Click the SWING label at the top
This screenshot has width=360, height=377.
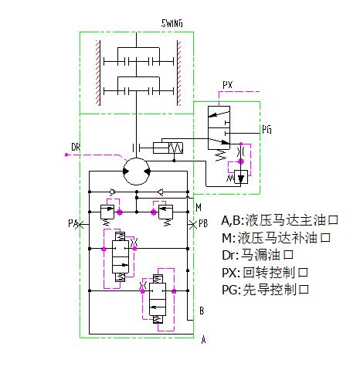tap(172, 23)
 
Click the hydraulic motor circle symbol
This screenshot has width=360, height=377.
tap(137, 172)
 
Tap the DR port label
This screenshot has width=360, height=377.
tap(76, 147)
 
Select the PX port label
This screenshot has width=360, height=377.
tap(228, 85)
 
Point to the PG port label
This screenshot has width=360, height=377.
tap(267, 130)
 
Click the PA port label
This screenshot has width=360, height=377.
tap(73, 223)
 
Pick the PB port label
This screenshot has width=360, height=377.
tap(203, 223)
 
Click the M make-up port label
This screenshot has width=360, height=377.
tap(199, 207)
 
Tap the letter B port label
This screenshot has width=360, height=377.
tap(202, 311)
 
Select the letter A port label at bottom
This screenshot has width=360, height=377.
tap(203, 340)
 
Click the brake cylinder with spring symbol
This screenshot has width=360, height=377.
tap(168, 148)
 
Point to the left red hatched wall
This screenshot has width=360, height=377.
tap(98, 73)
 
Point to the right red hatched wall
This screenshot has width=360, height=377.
tap(179, 73)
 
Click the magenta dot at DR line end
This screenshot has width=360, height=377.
tap(66, 155)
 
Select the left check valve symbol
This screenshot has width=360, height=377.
tap(113, 192)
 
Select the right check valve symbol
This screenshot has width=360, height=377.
tap(161, 192)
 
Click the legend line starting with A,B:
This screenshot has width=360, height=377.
tap(280, 220)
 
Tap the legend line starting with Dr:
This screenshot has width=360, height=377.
tap(257, 255)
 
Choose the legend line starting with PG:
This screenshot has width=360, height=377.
tap(265, 290)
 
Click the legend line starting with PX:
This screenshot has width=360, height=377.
tap(265, 273)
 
